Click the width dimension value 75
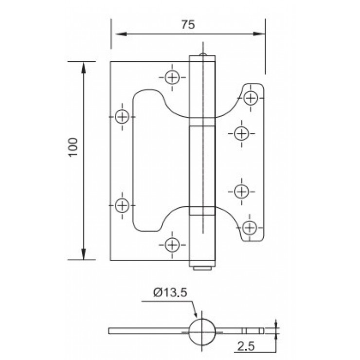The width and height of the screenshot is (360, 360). [x=188, y=26]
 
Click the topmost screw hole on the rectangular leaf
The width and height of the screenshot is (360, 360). [x=172, y=77]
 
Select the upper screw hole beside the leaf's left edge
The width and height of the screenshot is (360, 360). [x=122, y=117]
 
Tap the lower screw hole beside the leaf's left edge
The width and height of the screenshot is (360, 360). [x=122, y=205]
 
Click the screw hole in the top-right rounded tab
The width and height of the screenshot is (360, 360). [x=251, y=97]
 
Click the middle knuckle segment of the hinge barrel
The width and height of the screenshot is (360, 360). [x=201, y=166]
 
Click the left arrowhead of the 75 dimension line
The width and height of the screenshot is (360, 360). [x=117, y=34]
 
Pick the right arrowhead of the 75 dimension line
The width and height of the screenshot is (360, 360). [x=260, y=34]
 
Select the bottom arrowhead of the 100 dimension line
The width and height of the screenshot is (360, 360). [x=84, y=255]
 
